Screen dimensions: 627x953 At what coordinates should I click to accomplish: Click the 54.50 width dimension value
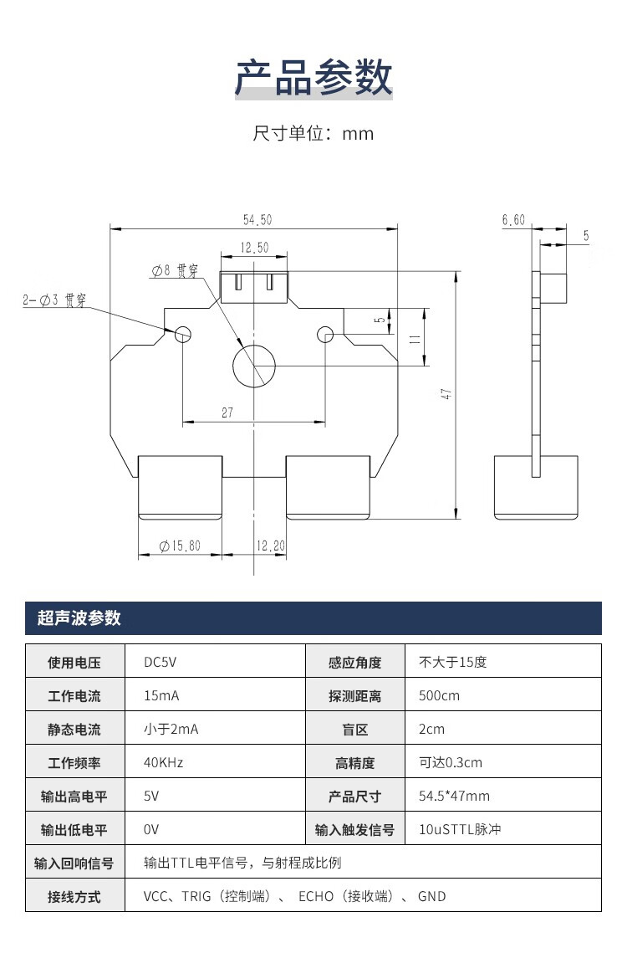257,220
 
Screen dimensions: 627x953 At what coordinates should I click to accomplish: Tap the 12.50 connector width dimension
254,248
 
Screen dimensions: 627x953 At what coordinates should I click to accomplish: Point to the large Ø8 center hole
253,367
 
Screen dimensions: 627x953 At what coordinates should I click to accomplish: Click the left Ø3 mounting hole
183,334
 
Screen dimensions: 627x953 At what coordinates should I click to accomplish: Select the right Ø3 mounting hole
325,335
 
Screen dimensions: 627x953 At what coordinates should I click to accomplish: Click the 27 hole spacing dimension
227,412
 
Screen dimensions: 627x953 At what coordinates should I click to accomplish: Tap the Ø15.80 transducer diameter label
180,546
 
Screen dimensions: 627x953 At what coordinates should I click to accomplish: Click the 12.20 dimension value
270,546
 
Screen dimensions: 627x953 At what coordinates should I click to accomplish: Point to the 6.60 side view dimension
512,220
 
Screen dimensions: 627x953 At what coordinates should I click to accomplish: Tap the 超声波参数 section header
79,618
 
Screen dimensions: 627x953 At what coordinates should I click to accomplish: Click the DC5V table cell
161,662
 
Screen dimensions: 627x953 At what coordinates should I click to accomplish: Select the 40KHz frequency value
164,762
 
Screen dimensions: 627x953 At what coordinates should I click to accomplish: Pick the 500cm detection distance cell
439,695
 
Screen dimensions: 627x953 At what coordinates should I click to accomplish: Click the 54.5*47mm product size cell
454,796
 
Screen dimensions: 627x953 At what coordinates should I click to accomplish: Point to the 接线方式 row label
74,896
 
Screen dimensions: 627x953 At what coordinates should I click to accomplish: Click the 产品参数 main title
313,78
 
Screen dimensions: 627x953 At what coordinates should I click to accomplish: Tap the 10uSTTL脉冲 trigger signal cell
460,829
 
